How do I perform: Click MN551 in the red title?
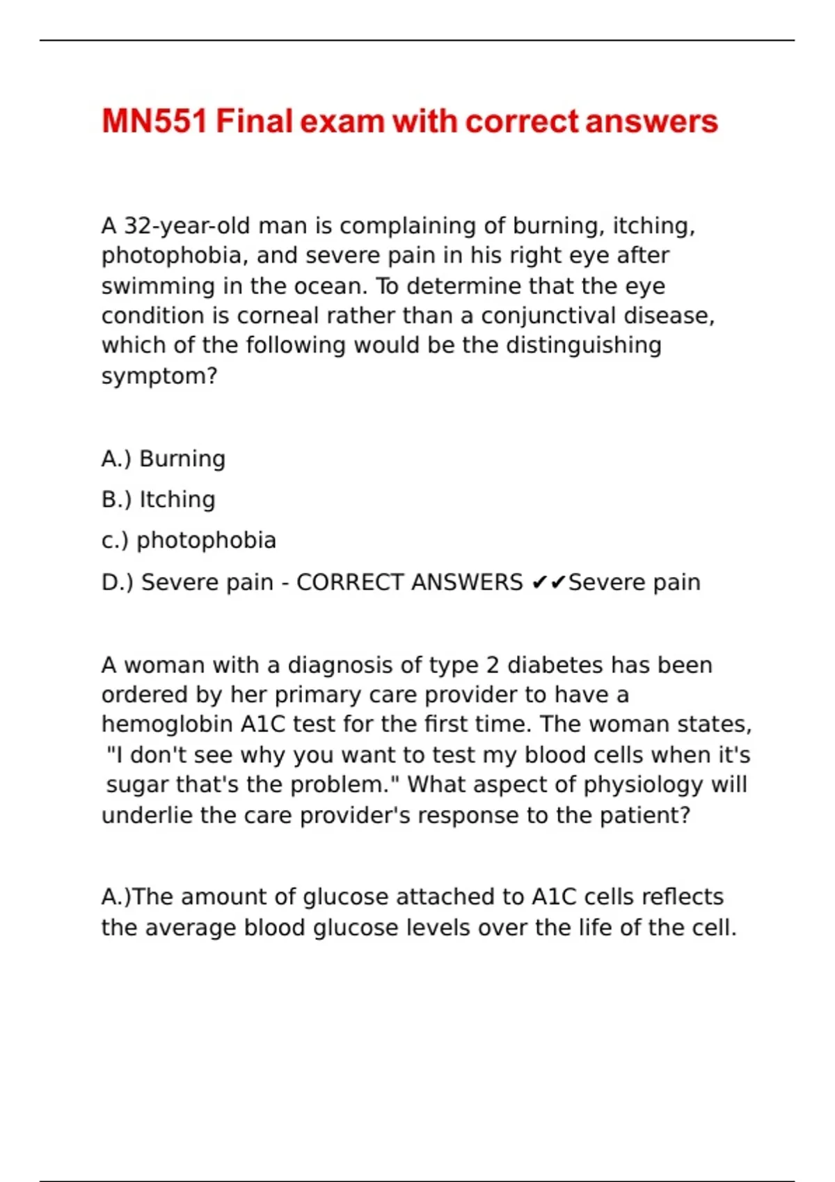tap(154, 122)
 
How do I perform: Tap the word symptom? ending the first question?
tap(159, 376)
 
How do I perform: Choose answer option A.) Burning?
tap(164, 459)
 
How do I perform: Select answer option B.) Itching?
tap(159, 499)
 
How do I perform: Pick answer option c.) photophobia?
tap(189, 540)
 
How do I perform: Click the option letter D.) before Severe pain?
tap(117, 582)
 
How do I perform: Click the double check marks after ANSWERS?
tap(549, 582)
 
